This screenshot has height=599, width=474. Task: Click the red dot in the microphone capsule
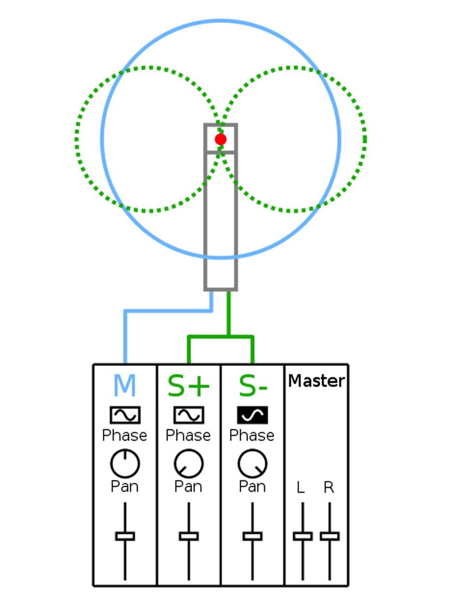[221, 139]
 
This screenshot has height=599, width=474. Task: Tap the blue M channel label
[125, 385]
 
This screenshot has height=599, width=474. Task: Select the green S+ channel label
[188, 385]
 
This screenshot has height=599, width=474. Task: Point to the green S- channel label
[253, 385]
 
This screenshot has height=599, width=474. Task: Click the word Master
[317, 381]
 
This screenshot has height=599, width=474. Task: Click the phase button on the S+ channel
[189, 415]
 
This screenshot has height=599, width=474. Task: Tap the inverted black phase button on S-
[252, 415]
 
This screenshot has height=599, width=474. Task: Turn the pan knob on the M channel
[125, 464]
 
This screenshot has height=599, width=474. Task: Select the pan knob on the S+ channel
[189, 464]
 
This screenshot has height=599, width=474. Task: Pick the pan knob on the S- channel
[252, 464]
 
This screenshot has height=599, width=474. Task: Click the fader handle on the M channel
[125, 536]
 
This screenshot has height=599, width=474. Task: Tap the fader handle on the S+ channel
[189, 536]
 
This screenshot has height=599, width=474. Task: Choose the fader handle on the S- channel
[252, 536]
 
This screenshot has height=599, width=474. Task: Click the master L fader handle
[303, 536]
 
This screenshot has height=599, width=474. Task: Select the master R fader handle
[330, 536]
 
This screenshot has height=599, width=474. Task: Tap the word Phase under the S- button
[252, 435]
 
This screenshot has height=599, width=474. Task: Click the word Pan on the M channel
[124, 486]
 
